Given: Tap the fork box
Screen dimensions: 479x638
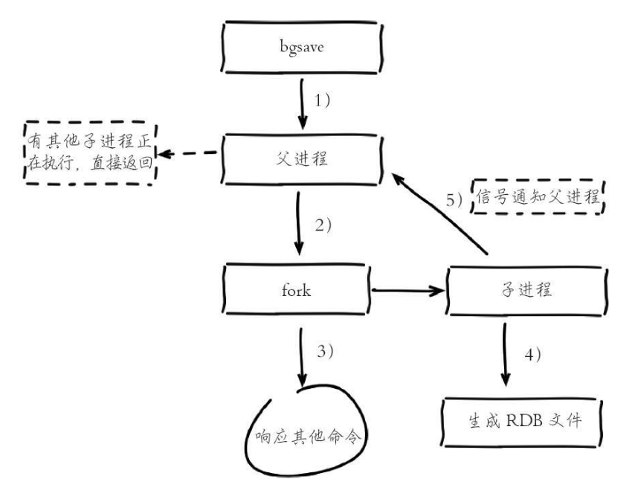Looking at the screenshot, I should click(x=298, y=290).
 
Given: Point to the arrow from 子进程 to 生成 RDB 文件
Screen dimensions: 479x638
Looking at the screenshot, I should click(x=506, y=356).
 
